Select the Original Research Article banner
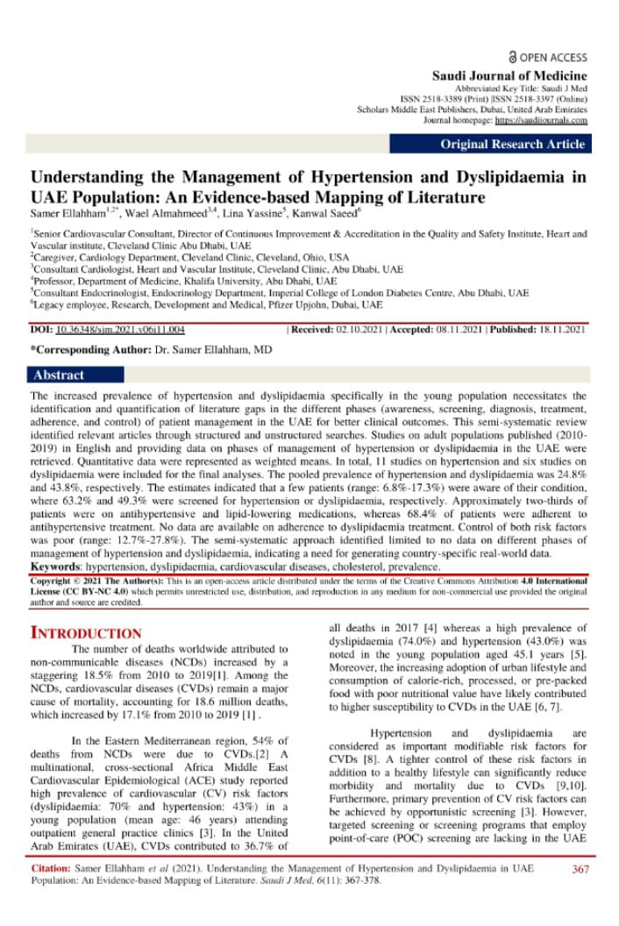(x=514, y=145)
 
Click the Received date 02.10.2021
(x=365, y=330)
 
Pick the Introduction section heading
(x=86, y=633)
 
